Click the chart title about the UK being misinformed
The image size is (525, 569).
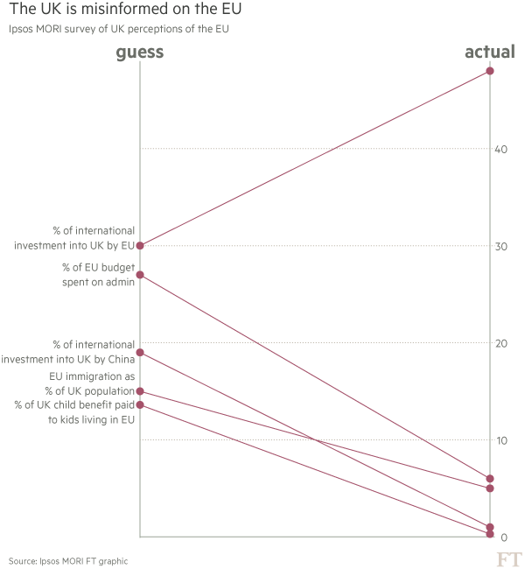click(x=123, y=10)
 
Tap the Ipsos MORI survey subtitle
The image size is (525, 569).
click(x=122, y=30)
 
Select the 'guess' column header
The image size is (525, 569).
click(x=140, y=53)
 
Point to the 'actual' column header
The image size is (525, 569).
click(x=489, y=53)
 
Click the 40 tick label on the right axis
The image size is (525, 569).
click(x=501, y=149)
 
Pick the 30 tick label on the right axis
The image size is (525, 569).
click(x=501, y=246)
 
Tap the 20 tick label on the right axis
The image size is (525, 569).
click(x=501, y=343)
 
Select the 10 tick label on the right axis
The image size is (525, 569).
click(x=501, y=440)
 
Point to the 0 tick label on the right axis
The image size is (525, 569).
click(x=504, y=537)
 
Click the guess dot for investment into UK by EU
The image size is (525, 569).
click(x=140, y=246)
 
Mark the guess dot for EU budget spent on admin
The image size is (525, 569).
click(x=140, y=275)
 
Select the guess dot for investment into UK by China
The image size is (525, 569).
click(x=140, y=353)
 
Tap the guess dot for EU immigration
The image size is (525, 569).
click(x=140, y=391)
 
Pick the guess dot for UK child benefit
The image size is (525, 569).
click(x=140, y=404)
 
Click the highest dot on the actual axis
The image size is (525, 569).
click(x=490, y=71)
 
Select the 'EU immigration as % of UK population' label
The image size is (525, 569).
click(x=90, y=383)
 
